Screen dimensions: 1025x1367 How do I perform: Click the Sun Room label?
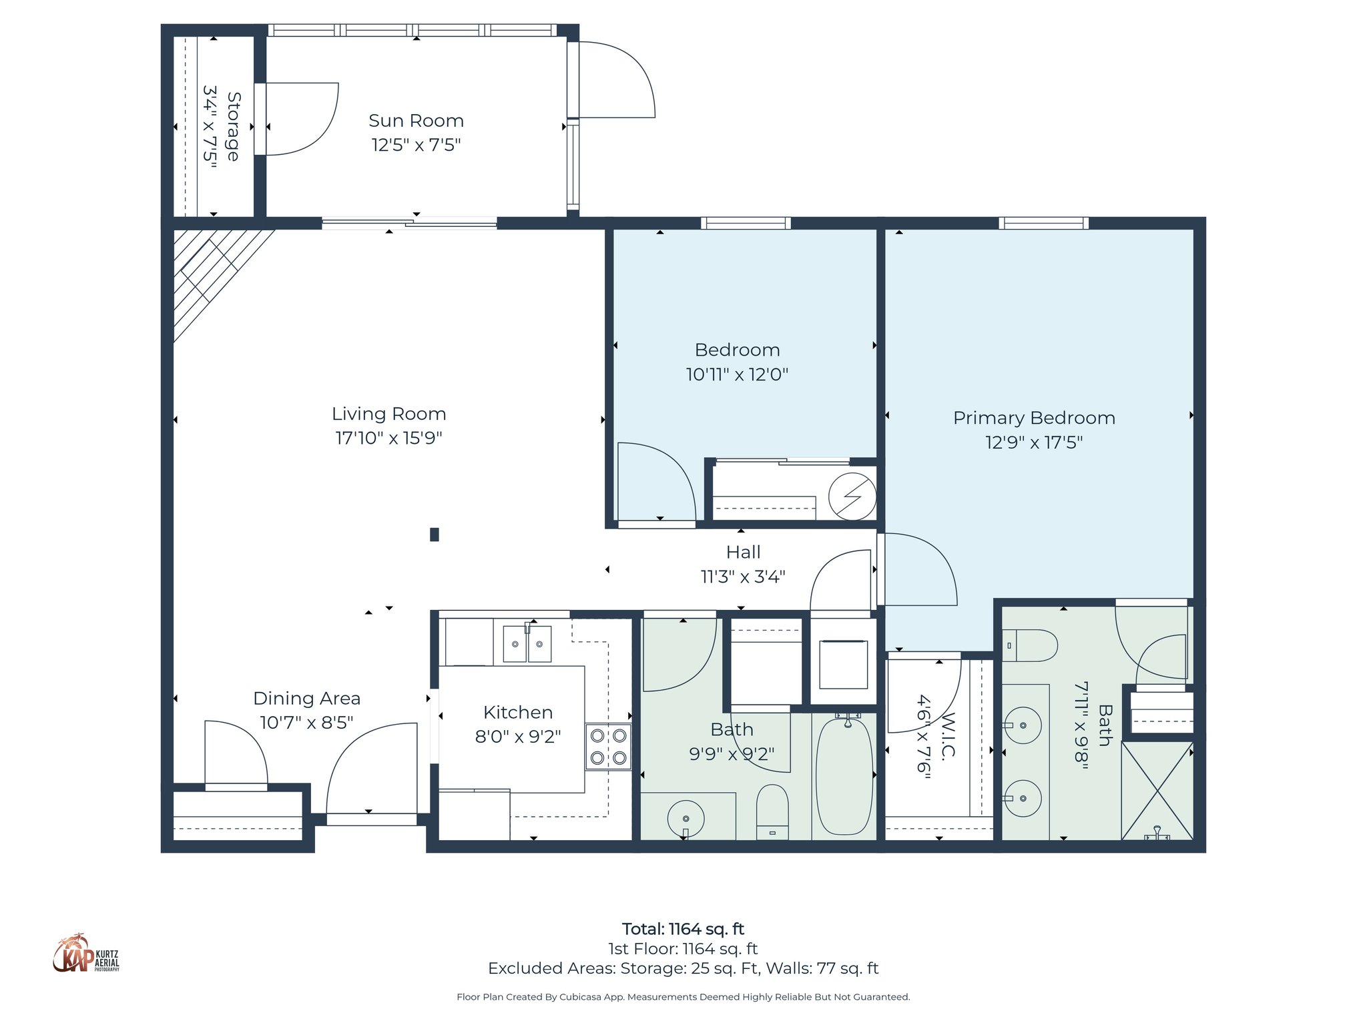(x=416, y=121)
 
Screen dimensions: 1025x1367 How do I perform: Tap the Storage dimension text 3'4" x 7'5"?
(x=210, y=126)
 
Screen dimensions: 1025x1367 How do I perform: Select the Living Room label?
(x=388, y=414)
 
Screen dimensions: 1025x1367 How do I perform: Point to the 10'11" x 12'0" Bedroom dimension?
(x=737, y=374)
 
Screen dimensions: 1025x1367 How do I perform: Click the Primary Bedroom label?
(x=1034, y=418)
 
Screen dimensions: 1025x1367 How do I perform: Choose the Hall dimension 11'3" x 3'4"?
(x=742, y=577)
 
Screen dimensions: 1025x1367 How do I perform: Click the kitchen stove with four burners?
(x=608, y=747)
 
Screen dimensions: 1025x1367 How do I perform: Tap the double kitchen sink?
(x=527, y=644)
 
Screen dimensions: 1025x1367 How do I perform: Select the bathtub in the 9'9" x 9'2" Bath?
(x=844, y=776)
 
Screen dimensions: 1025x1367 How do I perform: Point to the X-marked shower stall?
(x=1157, y=791)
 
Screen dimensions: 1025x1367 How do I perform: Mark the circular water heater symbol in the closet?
(x=852, y=496)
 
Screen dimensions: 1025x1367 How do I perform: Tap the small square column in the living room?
(x=435, y=534)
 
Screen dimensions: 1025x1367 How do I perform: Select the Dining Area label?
(x=306, y=699)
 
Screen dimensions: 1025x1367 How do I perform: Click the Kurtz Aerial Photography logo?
(x=85, y=954)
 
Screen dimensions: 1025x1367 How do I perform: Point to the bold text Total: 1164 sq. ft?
(x=683, y=929)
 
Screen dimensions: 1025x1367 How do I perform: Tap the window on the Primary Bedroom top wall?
(x=1043, y=223)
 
